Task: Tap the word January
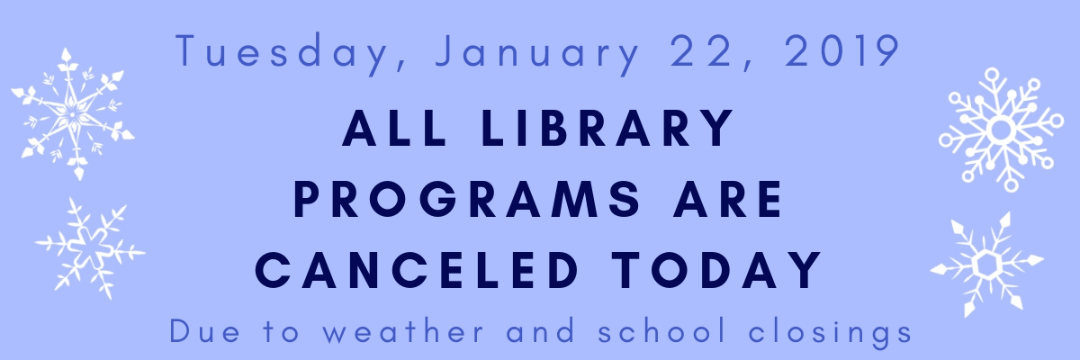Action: pos(537,54)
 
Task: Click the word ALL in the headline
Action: pos(394,128)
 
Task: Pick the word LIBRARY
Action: pos(607,128)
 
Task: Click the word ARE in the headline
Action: pos(727,199)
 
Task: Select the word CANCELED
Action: pos(417,270)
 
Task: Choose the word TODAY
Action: pos(716,270)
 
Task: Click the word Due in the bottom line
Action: pos(204,331)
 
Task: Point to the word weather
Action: pos(403,330)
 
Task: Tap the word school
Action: pos(662,330)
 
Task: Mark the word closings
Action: pos(830,332)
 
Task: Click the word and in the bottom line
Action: pos(541,330)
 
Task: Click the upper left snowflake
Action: pos(72,114)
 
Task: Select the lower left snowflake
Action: pos(90,248)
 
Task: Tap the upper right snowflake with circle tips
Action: pos(1002,130)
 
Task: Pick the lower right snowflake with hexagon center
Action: pos(987,264)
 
